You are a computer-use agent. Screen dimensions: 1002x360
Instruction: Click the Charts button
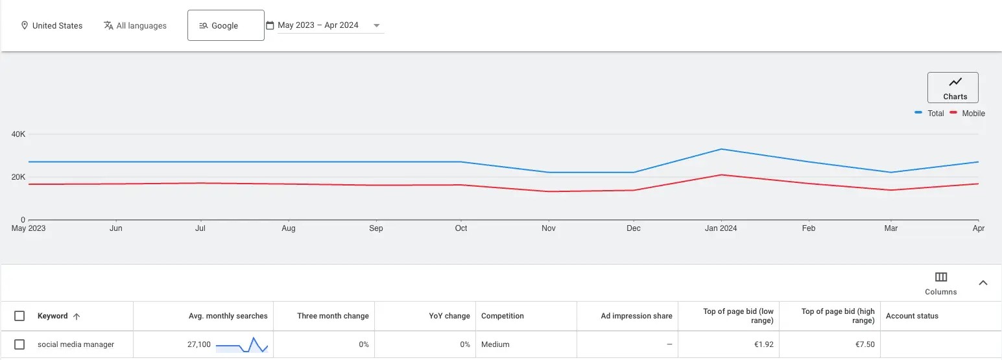click(x=953, y=88)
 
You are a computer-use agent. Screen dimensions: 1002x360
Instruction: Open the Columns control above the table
click(x=941, y=283)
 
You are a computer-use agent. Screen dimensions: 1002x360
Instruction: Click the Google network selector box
click(x=226, y=25)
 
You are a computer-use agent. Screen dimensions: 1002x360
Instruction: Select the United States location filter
click(x=52, y=25)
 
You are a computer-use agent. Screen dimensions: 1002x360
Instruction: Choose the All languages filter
click(x=135, y=25)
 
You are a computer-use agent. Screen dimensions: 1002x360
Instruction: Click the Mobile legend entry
click(x=967, y=113)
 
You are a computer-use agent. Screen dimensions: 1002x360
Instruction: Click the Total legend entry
click(x=929, y=113)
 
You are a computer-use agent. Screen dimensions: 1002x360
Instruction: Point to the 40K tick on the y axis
click(x=18, y=134)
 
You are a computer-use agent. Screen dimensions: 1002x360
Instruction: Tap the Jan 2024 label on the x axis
click(x=721, y=228)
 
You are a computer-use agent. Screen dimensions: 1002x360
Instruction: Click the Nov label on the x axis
click(x=549, y=228)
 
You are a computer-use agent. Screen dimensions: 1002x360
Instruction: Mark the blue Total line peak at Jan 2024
click(x=721, y=149)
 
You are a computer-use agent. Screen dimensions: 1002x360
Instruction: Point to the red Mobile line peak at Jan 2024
click(x=721, y=174)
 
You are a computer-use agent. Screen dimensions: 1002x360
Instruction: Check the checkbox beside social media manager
click(x=19, y=344)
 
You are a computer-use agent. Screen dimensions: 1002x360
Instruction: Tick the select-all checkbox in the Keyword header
click(x=19, y=316)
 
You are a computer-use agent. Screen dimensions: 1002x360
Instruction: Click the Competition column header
click(x=503, y=316)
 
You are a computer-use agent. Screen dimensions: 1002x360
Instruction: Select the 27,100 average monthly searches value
click(x=199, y=344)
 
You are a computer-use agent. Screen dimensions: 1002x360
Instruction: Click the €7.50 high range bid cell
click(x=865, y=344)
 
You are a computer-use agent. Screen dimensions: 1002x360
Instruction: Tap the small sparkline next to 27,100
click(x=241, y=345)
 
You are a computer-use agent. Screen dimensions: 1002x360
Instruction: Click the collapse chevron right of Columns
click(x=983, y=283)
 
